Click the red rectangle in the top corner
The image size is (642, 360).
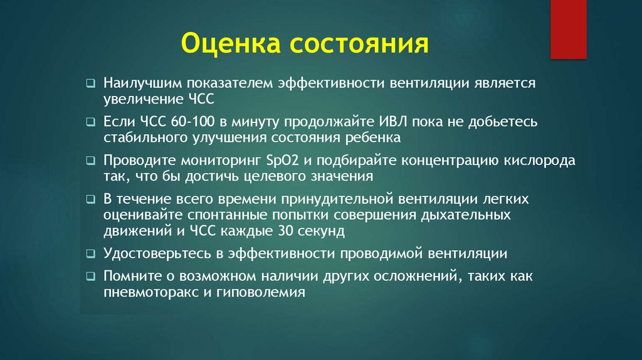568,29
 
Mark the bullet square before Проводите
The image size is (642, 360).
92,161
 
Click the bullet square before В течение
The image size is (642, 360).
92,200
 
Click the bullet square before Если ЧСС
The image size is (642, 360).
92,122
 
